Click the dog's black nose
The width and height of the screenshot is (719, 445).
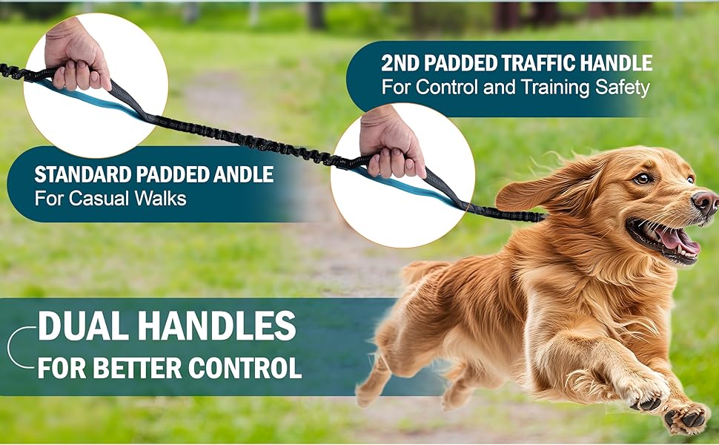704,202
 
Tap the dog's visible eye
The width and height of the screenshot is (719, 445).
642,178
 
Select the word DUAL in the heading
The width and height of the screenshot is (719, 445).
82,327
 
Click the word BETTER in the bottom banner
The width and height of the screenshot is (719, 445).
140,368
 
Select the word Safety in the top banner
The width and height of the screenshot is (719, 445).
623,88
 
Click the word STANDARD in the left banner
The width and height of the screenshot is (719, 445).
82,176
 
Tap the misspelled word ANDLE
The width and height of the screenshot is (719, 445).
236,176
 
